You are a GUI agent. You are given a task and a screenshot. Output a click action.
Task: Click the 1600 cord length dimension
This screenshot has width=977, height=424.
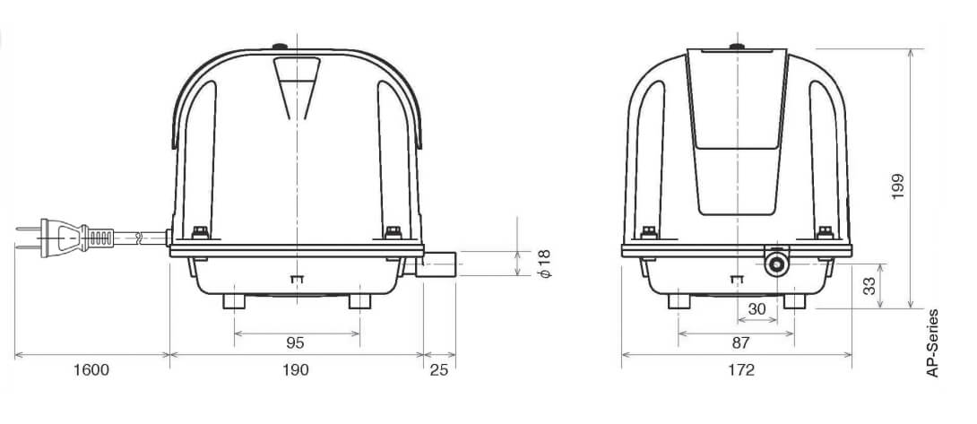tap(91, 369)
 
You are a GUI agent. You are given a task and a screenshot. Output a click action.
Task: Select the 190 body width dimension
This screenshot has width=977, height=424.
tap(296, 369)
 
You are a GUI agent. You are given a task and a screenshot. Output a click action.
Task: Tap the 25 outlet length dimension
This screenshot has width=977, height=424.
tap(439, 369)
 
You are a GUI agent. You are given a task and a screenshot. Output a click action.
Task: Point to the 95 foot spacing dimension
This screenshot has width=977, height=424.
tap(296, 342)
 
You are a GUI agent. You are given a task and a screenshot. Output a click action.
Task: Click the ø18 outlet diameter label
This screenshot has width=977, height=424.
tap(544, 264)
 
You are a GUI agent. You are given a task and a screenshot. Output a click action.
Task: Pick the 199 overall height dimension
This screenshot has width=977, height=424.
tap(896, 186)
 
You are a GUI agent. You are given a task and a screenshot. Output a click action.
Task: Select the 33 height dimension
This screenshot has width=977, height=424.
tap(869, 286)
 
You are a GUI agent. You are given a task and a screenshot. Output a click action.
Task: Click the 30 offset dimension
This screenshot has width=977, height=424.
tap(757, 308)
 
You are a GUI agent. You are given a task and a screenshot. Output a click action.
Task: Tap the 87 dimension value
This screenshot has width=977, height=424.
tap(741, 342)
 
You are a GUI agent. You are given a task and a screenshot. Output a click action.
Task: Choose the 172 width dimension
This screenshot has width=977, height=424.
tap(741, 369)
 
